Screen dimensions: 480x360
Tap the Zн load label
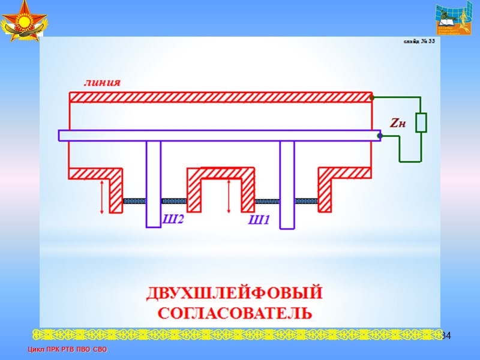[398, 124]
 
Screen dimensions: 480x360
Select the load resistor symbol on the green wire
[421, 122]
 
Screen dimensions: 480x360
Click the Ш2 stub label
[173, 220]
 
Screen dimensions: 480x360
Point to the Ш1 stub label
[259, 220]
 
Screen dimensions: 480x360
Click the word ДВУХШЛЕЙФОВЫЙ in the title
[235, 294]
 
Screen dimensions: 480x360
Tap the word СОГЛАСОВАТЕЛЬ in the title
[235, 313]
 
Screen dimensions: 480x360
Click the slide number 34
[445, 334]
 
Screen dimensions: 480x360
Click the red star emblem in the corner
[25, 21]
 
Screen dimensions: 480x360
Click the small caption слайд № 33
[418, 41]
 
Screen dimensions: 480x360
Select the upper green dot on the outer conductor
[372, 97]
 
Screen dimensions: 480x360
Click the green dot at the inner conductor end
[379, 136]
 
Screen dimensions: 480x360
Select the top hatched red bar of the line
[221, 97]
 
